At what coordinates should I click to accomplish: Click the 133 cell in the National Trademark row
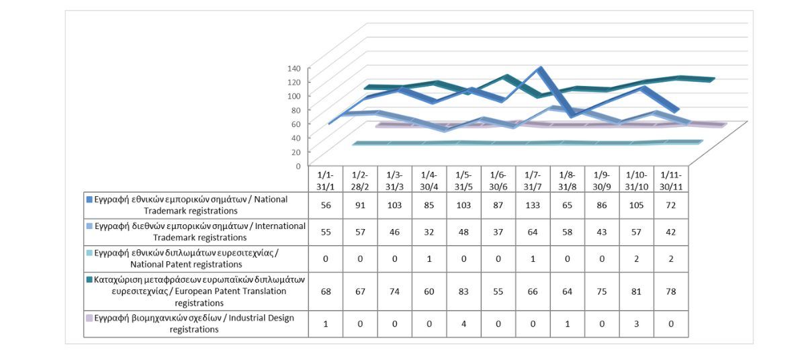click(x=533, y=206)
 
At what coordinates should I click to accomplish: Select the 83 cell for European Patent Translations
click(x=463, y=291)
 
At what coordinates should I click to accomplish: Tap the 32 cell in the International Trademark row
click(x=429, y=232)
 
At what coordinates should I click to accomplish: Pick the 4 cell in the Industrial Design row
click(x=463, y=324)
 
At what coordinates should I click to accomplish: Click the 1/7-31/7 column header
click(x=533, y=179)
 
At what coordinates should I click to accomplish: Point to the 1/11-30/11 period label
click(x=670, y=179)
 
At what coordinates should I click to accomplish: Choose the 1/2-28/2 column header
click(x=360, y=179)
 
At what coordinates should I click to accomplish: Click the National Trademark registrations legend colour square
click(x=89, y=199)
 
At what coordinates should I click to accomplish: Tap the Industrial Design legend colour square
click(x=89, y=318)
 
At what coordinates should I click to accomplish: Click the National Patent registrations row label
click(x=195, y=258)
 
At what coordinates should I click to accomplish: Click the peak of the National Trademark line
click(x=539, y=69)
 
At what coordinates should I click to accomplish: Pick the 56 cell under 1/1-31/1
click(x=326, y=206)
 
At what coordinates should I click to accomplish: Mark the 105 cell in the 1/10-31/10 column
click(x=636, y=206)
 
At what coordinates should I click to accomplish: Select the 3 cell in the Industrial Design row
click(x=636, y=324)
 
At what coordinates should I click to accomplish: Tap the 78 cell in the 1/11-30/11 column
click(x=670, y=291)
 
